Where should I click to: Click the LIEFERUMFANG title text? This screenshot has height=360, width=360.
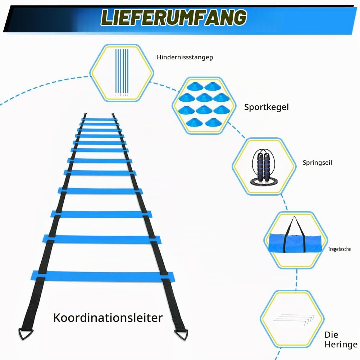coord(174,17)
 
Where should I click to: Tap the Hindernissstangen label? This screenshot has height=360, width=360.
coord(185,57)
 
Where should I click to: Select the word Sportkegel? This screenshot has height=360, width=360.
coord(266,107)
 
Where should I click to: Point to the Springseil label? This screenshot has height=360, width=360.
coord(317,163)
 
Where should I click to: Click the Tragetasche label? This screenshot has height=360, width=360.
coord(339,249)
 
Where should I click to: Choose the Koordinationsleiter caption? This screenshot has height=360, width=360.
coord(108,318)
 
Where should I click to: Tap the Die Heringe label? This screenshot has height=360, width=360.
coord(341,340)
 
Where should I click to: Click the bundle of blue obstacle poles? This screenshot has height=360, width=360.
coord(122,72)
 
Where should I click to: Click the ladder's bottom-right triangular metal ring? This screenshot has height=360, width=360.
coord(181,334)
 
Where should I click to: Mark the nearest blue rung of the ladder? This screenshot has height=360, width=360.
coord(102,277)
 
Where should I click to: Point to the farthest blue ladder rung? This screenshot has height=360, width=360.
coord(99,119)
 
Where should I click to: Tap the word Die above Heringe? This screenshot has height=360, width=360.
coord(331,335)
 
